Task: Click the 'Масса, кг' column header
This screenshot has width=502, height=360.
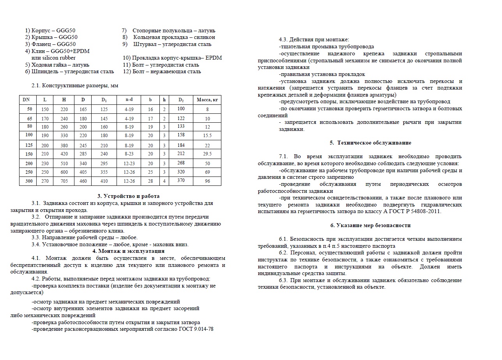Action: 207,100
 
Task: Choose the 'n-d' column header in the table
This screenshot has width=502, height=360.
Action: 129,100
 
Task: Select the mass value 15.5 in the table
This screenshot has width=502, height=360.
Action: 207,136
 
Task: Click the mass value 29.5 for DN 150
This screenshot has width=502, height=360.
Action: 207,154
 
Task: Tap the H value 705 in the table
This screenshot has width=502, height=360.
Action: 64,181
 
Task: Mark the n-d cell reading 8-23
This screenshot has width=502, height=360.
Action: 129,154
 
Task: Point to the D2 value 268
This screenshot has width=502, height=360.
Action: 181,163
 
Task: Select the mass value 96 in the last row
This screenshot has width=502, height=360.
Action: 207,181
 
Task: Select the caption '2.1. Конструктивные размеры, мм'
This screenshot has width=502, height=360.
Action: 75,85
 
